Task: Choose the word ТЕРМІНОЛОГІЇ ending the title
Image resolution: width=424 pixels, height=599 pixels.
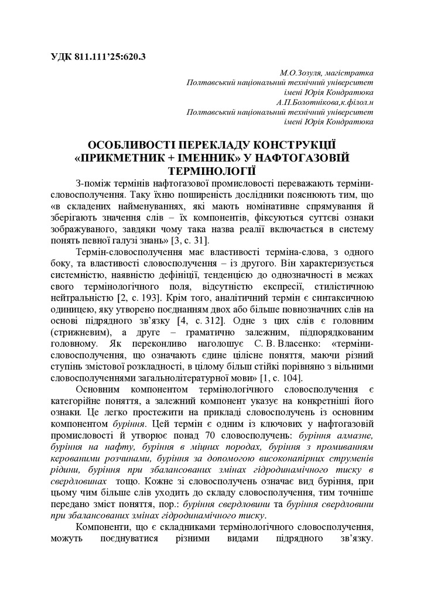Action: pyautogui.click(x=211, y=171)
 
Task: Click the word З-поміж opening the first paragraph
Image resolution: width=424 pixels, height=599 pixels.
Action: pyautogui.click(x=93, y=183)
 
